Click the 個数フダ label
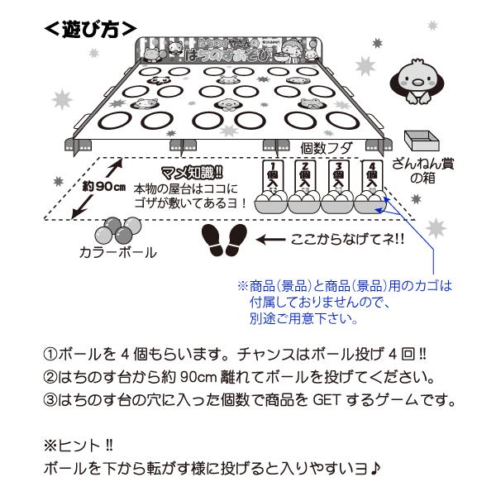coord(327,148)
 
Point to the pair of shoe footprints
coord(226,240)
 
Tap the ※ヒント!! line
coord(77,445)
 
